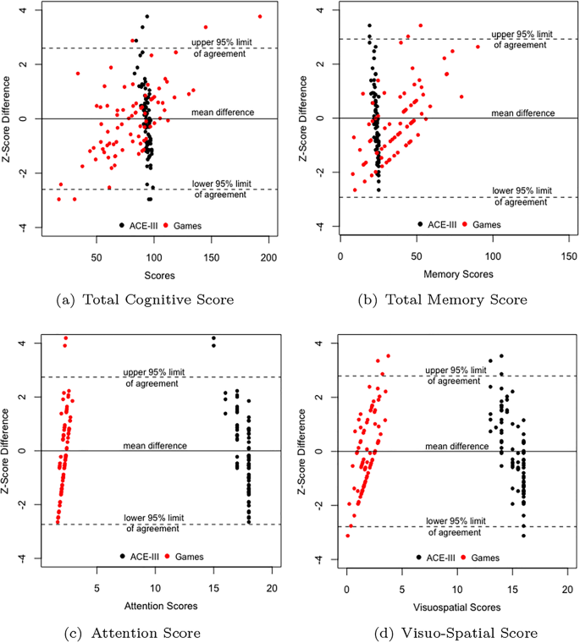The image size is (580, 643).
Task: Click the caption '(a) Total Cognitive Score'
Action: [x=145, y=299]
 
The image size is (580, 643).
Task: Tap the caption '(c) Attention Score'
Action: [x=144, y=632]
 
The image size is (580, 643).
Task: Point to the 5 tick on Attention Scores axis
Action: [x=97, y=589]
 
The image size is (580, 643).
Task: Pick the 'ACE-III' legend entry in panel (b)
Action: [x=438, y=224]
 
